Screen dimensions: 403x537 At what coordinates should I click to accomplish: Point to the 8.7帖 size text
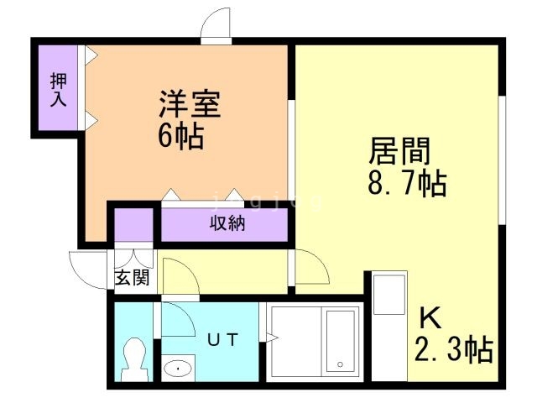point(405,182)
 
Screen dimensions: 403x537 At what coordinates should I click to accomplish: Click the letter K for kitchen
point(430,318)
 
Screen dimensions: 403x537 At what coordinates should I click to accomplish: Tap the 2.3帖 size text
point(452,348)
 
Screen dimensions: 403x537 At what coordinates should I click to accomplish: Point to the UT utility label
point(224,339)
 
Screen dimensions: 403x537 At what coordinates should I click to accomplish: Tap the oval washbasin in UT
point(178,367)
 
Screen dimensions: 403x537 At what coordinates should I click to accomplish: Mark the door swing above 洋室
point(216,23)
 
